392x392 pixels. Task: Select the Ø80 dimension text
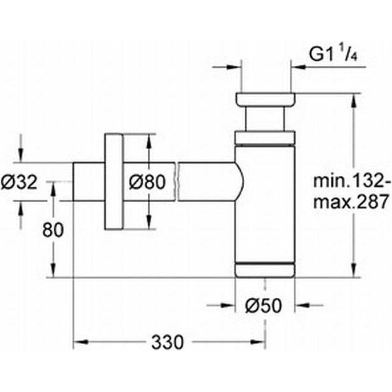point(147,182)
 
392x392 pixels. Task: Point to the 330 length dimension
point(168,342)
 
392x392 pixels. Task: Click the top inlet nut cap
point(265,100)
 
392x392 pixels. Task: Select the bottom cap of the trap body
point(265,269)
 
